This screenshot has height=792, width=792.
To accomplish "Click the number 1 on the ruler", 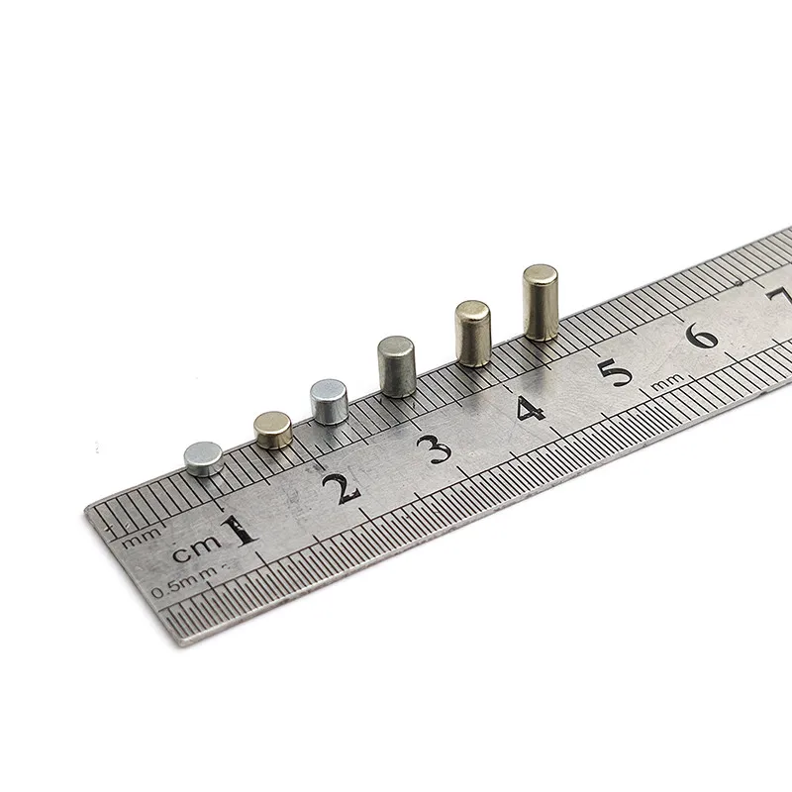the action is [x=242, y=531].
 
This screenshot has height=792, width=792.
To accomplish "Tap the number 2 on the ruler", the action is [x=342, y=488].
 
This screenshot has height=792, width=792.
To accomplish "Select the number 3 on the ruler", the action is [x=435, y=448].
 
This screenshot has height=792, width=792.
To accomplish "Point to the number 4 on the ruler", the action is [x=530, y=408].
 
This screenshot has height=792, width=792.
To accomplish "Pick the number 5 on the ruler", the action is [x=615, y=372].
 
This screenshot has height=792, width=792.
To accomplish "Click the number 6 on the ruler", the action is [x=701, y=335].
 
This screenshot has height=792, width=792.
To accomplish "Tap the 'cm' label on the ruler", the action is [x=197, y=548].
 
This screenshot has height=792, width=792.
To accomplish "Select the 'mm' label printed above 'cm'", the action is [x=143, y=539].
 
